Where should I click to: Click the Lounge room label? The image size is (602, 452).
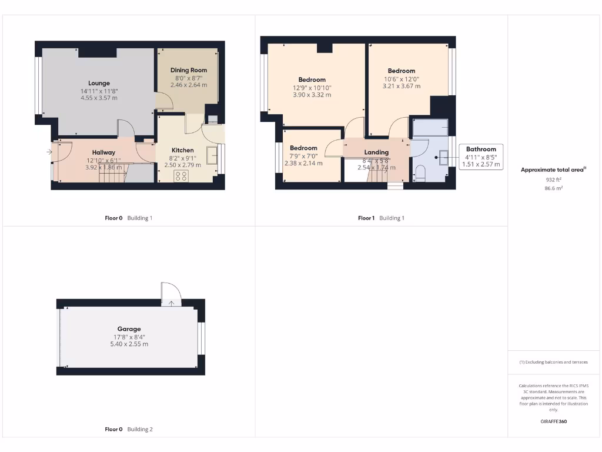99,83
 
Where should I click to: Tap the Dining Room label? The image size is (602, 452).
189,70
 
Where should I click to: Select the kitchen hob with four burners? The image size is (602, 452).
181,175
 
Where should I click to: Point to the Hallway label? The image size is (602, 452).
103,152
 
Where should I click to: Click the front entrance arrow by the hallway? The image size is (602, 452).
48,152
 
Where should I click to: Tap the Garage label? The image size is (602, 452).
129,329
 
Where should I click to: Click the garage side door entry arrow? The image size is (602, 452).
172,303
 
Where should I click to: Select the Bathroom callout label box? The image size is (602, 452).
481,157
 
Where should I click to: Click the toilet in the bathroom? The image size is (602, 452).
420,173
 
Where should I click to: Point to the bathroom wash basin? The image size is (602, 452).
443,157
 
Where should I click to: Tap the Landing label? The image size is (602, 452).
376,152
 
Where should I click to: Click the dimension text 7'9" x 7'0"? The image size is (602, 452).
303,156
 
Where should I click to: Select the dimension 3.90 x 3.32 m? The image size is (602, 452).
312,95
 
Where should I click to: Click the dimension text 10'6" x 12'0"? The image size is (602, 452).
402,79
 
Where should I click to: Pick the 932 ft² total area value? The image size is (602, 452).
553,180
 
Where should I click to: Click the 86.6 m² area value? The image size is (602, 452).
553,189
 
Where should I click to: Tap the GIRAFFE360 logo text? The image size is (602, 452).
553,421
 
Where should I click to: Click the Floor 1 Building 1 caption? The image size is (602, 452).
381,218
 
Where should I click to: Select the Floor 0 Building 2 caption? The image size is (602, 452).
128,429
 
